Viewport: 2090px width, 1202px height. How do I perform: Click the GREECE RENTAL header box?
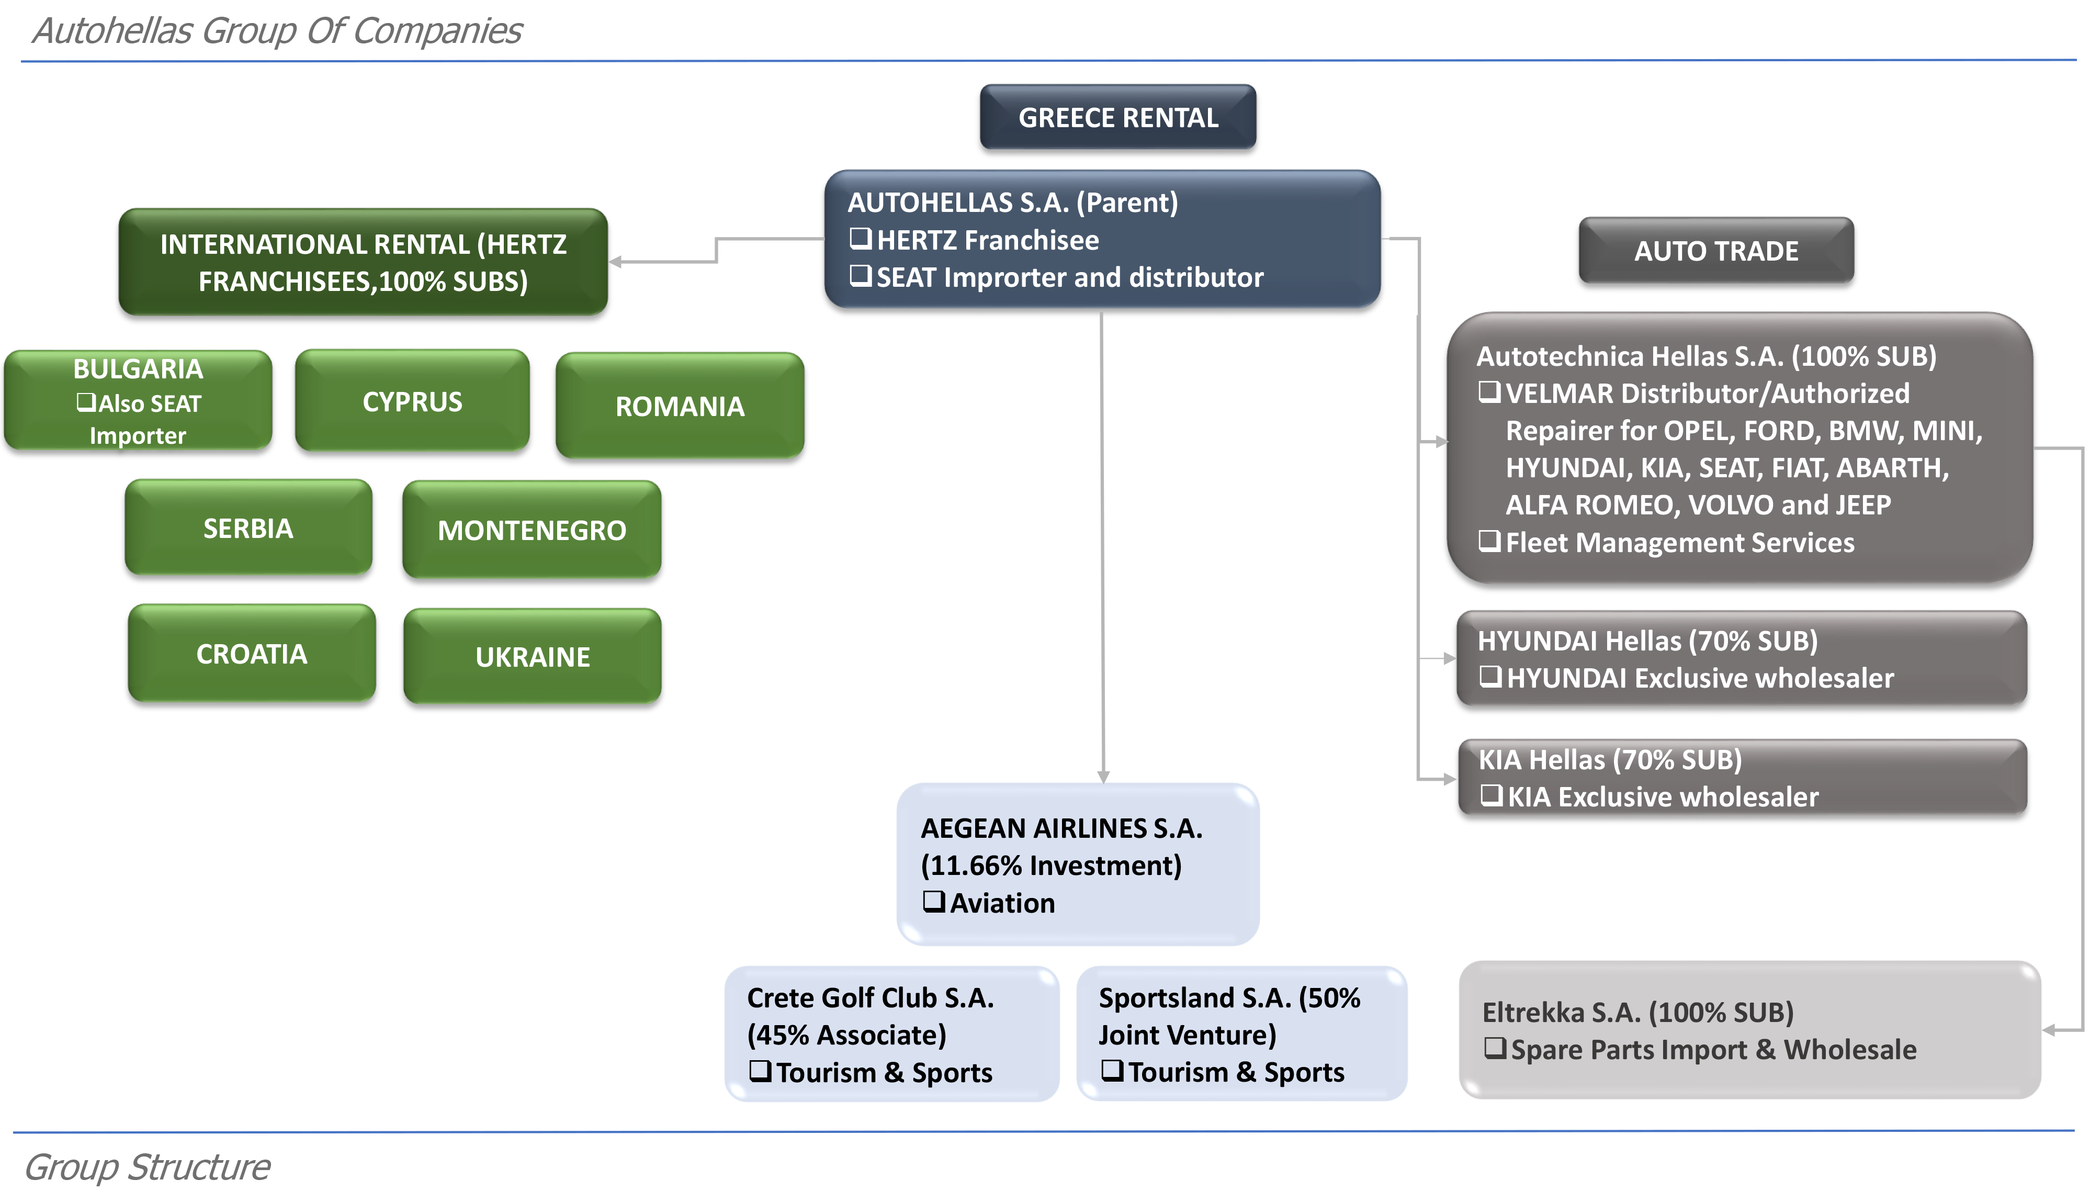tap(1118, 117)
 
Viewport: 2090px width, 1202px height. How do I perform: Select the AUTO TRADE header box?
tap(1716, 250)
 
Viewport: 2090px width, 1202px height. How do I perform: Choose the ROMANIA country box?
tap(680, 406)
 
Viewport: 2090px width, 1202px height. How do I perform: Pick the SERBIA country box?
tap(248, 527)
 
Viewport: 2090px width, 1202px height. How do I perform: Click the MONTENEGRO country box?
tap(532, 529)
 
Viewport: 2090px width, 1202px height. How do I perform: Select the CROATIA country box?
tap(252, 653)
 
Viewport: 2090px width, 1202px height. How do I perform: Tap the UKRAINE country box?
tap(532, 656)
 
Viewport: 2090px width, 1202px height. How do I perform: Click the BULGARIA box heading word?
tap(138, 368)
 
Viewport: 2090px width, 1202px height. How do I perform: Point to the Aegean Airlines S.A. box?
tap(1078, 864)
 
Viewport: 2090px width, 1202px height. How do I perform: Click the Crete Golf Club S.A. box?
tap(892, 1034)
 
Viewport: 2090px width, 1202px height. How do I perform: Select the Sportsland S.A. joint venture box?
tap(1242, 1034)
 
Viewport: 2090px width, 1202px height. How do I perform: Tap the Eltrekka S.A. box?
tap(1750, 1029)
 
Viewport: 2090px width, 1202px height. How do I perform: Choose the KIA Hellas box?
tap(1743, 778)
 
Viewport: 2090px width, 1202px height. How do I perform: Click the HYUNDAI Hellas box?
tap(1742, 658)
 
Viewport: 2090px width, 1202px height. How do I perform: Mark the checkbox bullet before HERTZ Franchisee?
tap(861, 239)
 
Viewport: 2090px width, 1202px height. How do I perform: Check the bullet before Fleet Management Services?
tap(1489, 542)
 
